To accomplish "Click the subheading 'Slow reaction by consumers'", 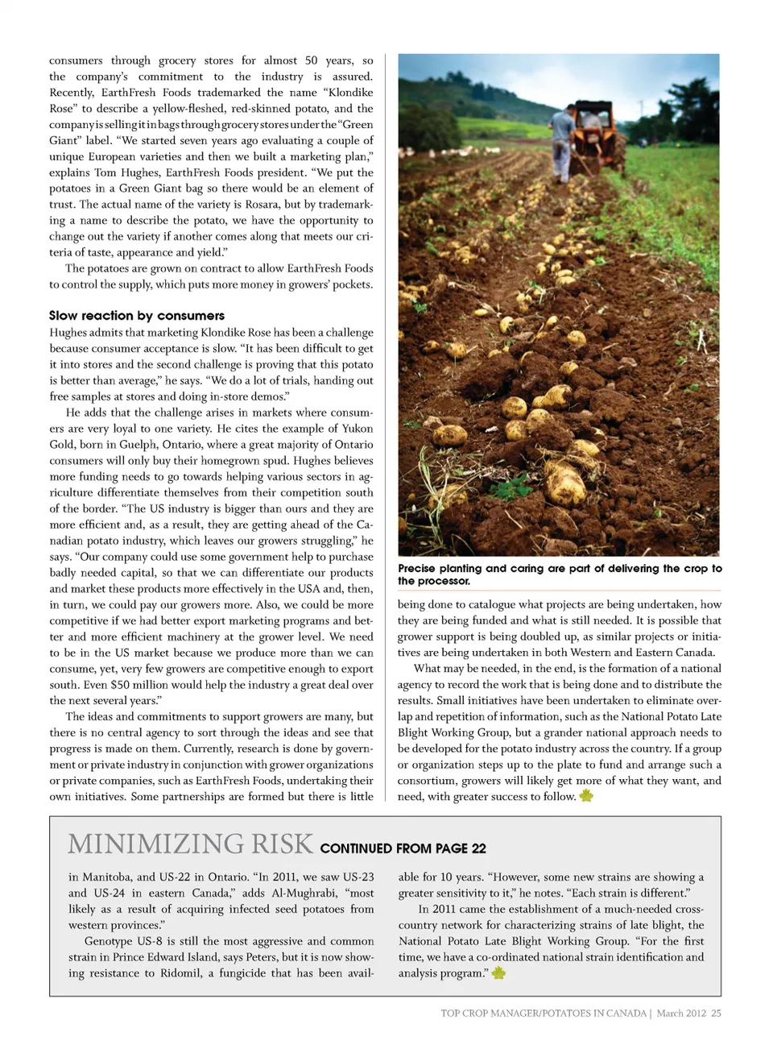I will point(136,316).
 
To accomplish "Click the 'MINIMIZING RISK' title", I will point(190,844).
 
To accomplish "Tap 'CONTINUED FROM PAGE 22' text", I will point(403,848).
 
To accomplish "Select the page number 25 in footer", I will point(716,1014).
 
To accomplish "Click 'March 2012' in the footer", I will point(681,1014).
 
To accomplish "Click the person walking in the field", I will point(563,142).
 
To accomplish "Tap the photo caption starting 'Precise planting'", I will point(559,574).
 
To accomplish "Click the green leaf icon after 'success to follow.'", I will point(585,796).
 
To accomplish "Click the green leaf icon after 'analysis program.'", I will point(498,973).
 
